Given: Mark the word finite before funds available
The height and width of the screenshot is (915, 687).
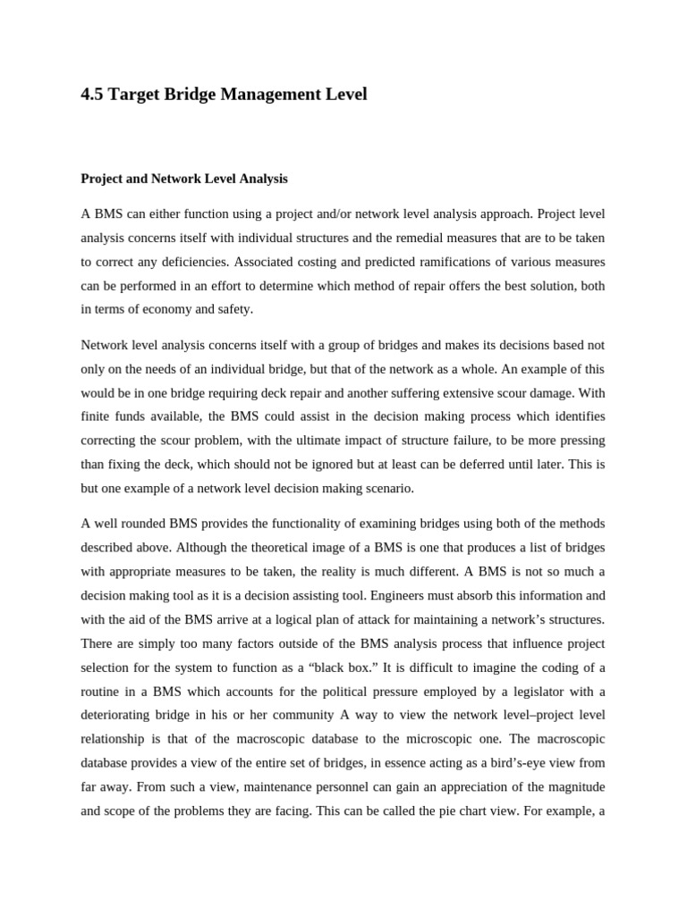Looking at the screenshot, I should point(95,416).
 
